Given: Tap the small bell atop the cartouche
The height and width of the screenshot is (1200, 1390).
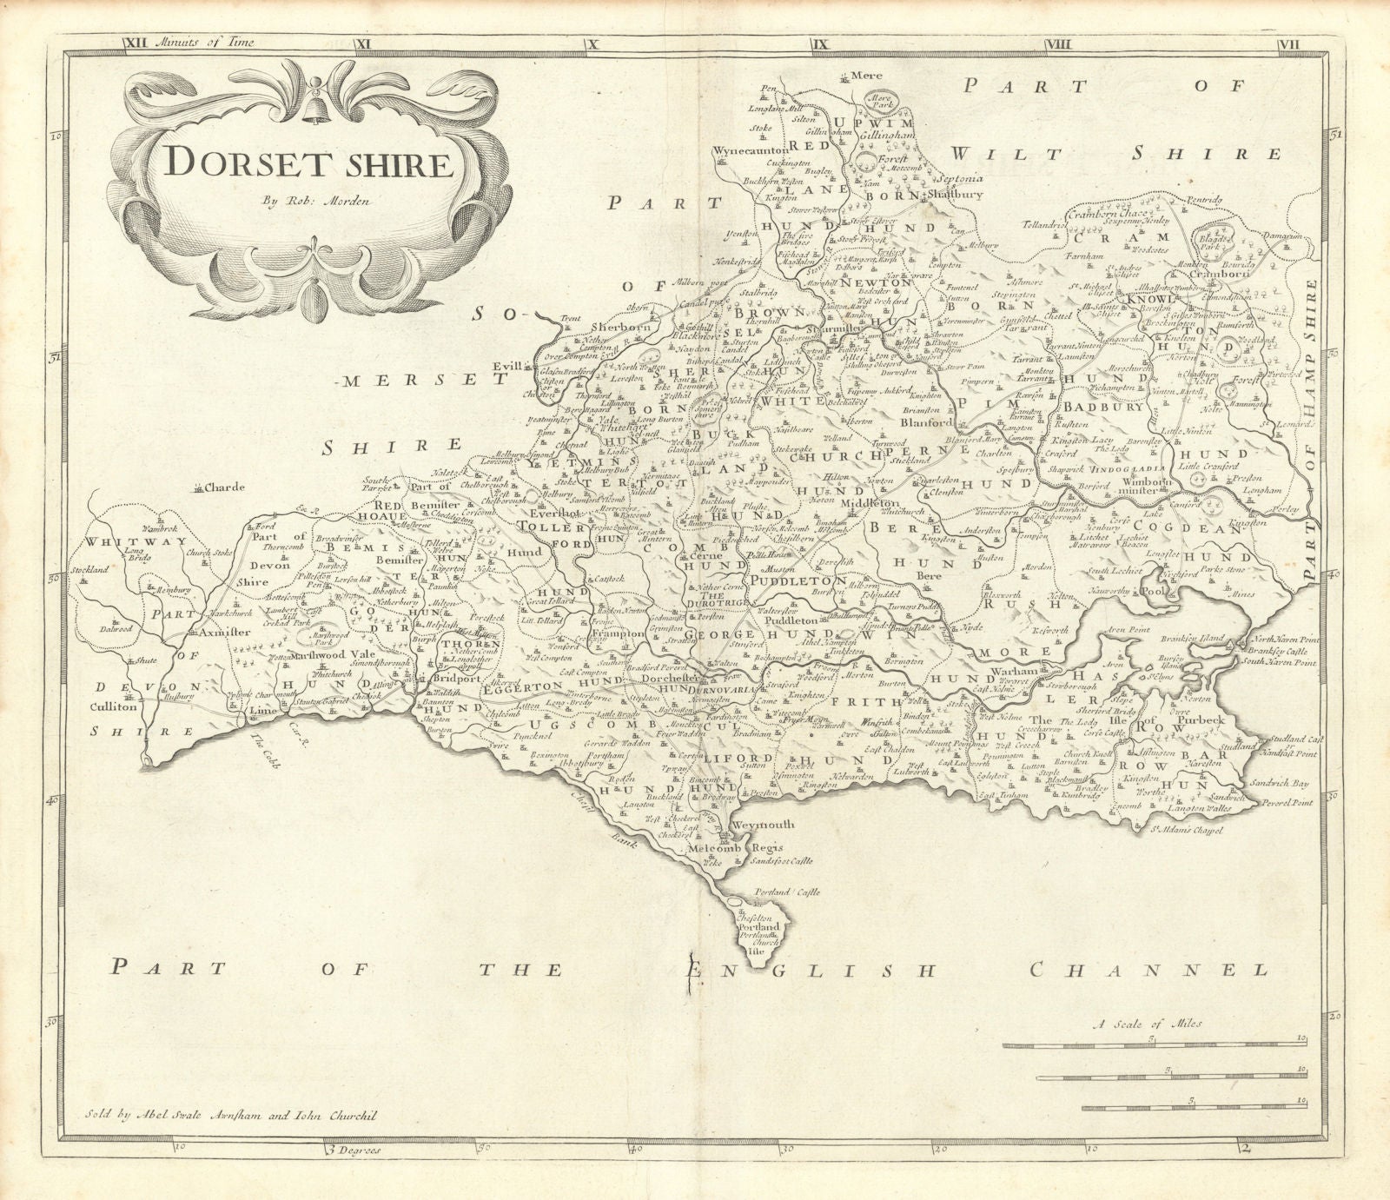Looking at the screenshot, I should [x=306, y=88].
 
